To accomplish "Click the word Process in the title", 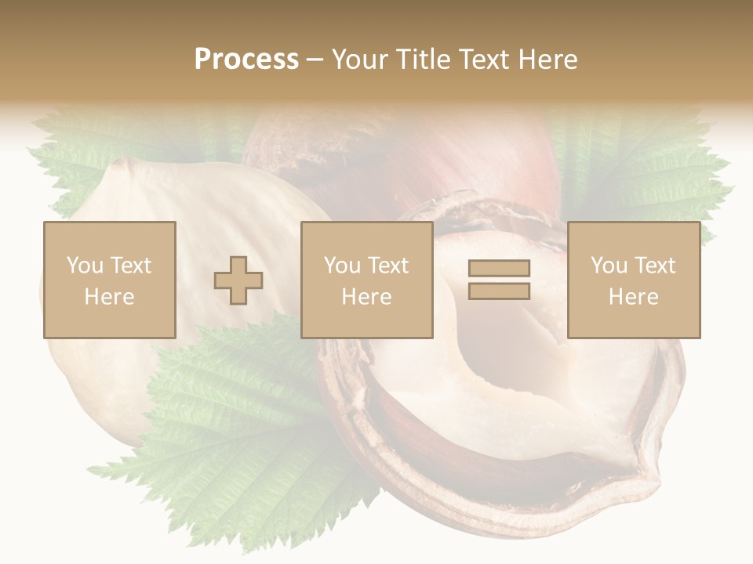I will tap(246, 60).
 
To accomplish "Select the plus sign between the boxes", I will tap(238, 280).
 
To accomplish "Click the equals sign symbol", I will tap(499, 280).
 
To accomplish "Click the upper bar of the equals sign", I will tap(499, 269).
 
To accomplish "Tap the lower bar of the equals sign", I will tap(499, 291).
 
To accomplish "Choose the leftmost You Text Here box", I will tap(110, 280).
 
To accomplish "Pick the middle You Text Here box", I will tap(367, 280).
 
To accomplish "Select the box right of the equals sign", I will tap(634, 280).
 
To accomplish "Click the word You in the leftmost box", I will tap(83, 266).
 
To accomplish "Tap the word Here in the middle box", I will tap(367, 297).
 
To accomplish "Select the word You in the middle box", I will tap(341, 266).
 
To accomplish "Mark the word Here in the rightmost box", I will tap(634, 297).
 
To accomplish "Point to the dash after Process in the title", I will tap(315, 60).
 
